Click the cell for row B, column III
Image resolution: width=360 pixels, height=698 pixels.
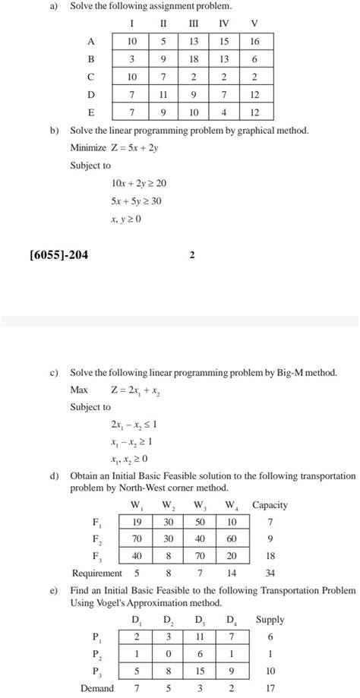point(195,59)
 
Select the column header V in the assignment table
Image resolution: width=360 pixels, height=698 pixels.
point(254,22)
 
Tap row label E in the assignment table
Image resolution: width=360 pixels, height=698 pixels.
point(91,112)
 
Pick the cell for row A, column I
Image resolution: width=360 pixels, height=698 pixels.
point(132,41)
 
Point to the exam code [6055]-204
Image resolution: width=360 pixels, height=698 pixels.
point(58,255)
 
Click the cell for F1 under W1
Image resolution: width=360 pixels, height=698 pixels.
point(137,522)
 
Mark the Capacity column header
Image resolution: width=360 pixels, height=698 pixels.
point(270,505)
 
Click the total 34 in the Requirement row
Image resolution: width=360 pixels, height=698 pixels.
point(269,573)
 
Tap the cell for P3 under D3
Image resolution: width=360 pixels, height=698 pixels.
point(201,671)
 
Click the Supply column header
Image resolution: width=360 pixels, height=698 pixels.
point(270,620)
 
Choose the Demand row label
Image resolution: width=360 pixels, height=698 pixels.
point(96,688)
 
